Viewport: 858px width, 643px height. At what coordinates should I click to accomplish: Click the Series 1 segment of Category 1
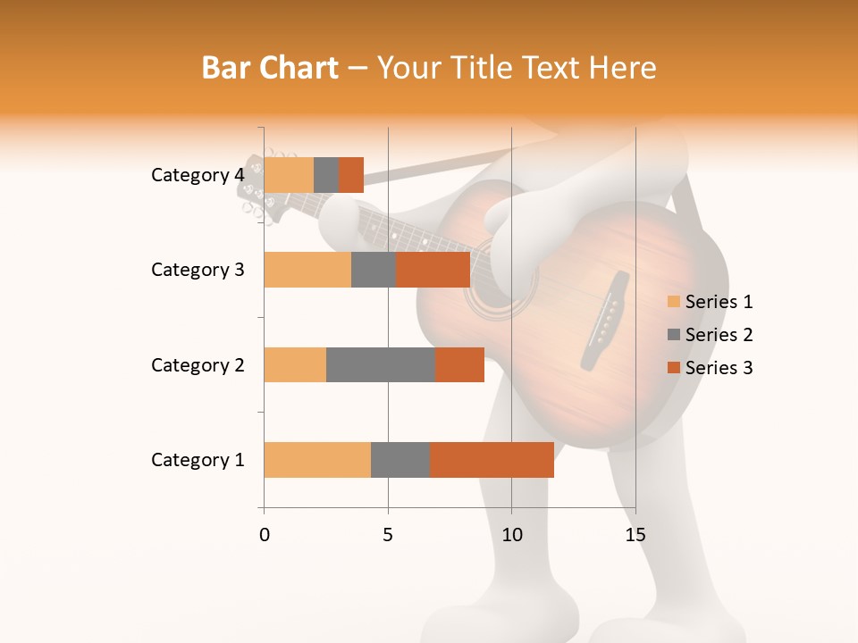[317, 459]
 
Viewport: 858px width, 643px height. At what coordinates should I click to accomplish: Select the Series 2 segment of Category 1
[400, 459]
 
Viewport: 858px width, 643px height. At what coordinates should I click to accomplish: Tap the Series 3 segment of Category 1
[492, 459]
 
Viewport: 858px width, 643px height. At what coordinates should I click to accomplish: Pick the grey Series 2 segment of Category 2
[381, 364]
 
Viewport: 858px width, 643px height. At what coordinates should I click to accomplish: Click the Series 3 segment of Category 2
[459, 364]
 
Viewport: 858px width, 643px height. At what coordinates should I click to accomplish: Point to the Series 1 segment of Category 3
[307, 270]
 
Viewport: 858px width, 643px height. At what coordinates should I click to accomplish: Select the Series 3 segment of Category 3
[433, 270]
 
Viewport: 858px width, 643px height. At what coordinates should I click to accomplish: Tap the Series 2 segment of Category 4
[326, 175]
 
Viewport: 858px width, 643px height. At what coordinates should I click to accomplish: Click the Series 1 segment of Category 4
[289, 175]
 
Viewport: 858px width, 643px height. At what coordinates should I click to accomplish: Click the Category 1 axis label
[197, 460]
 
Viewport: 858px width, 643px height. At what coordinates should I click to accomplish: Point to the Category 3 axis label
[197, 270]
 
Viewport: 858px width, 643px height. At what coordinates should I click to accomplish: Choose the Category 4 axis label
[197, 175]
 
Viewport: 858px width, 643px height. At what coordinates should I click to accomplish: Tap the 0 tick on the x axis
[265, 535]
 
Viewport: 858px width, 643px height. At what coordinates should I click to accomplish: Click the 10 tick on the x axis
[511, 535]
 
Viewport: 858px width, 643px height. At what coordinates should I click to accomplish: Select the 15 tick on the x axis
[635, 535]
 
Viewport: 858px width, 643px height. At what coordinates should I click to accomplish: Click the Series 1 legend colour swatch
[673, 302]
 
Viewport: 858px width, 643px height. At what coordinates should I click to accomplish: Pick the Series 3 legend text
[719, 368]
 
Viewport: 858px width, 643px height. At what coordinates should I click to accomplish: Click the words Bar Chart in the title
[270, 68]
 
